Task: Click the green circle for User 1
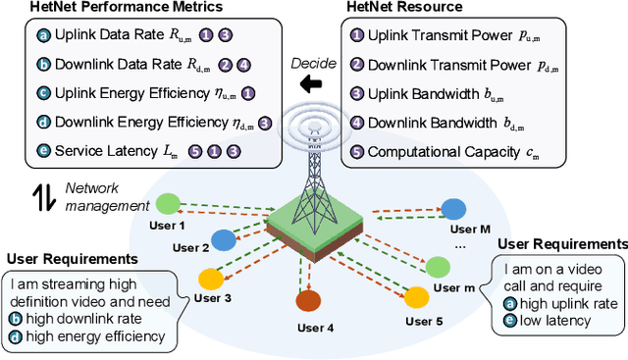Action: point(170,204)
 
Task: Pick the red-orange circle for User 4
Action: point(309,301)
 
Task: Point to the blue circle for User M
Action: point(453,209)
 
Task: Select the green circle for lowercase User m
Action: point(436,265)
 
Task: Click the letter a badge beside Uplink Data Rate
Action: point(42,36)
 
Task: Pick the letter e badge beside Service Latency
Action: point(42,152)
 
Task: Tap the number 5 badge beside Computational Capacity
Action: point(356,151)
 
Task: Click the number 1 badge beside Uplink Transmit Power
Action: point(356,36)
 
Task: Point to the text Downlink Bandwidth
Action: point(427,123)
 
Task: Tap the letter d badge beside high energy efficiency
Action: point(16,337)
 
